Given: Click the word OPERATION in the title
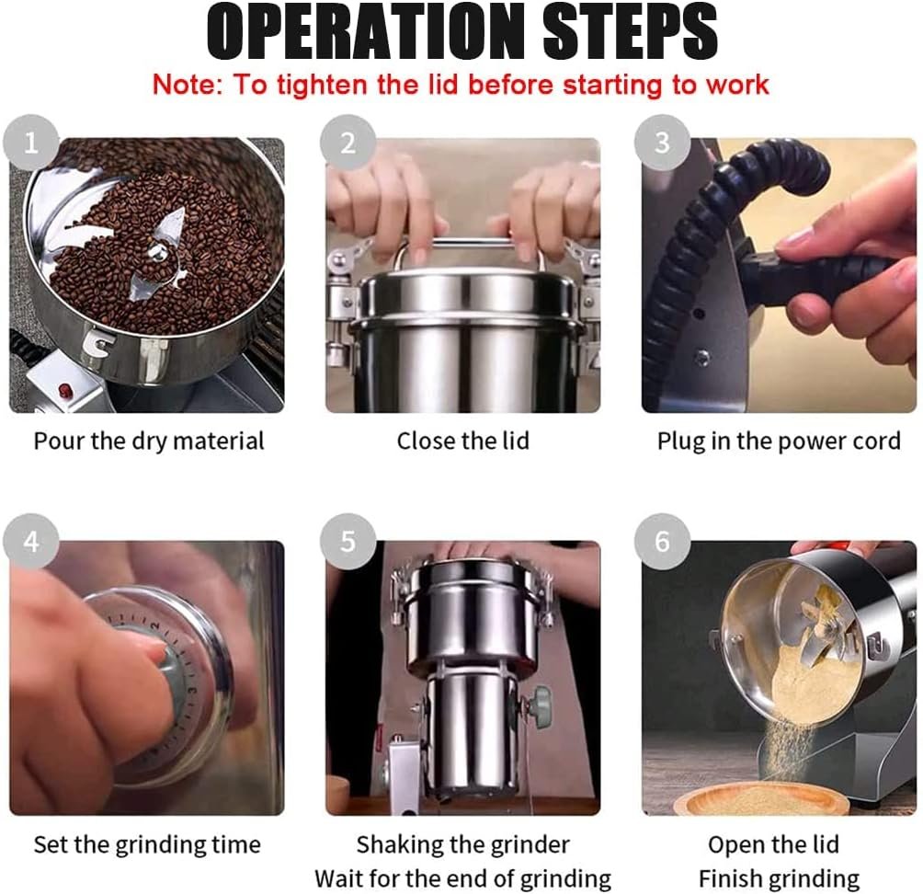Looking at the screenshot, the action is (364, 31).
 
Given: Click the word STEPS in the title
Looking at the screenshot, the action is (630, 31).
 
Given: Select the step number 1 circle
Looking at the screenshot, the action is (31, 143).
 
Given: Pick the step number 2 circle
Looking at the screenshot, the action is (348, 143).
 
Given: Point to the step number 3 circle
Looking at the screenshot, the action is (662, 143).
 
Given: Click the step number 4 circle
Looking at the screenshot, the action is (31, 541).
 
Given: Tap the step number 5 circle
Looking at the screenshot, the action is (348, 541).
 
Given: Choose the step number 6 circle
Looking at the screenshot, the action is (662, 541).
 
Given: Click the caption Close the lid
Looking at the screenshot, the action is (463, 441).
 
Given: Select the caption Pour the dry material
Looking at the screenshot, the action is (149, 441).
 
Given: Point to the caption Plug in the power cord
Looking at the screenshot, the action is (779, 441).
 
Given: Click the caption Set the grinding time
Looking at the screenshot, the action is (147, 845).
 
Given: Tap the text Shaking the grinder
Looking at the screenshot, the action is (463, 845).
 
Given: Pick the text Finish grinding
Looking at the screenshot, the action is (779, 879).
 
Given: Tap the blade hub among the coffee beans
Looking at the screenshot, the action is (156, 253).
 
